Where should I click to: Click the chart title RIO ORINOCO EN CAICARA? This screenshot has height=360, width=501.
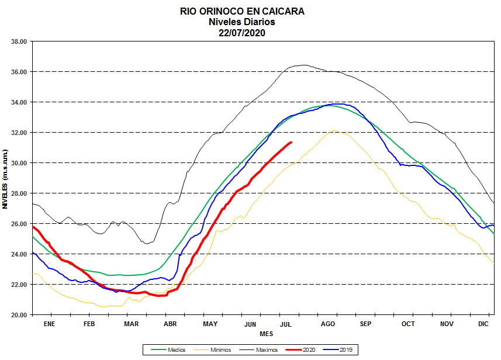241,11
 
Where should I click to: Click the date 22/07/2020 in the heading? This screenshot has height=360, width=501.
241,33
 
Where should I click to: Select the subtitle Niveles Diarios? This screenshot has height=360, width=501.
241,22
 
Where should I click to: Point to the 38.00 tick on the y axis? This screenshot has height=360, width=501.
19,41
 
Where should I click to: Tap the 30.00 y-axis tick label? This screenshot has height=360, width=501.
19,163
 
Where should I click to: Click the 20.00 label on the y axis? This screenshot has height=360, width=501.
19,315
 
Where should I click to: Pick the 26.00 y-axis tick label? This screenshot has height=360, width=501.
19,224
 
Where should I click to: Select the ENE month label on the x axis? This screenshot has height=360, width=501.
49,323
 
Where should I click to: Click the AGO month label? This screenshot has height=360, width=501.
327,323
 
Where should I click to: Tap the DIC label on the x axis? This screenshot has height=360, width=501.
484,323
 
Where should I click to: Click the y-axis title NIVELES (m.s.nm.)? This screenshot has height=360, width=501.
5,179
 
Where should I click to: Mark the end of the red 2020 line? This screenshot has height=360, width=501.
291,142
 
